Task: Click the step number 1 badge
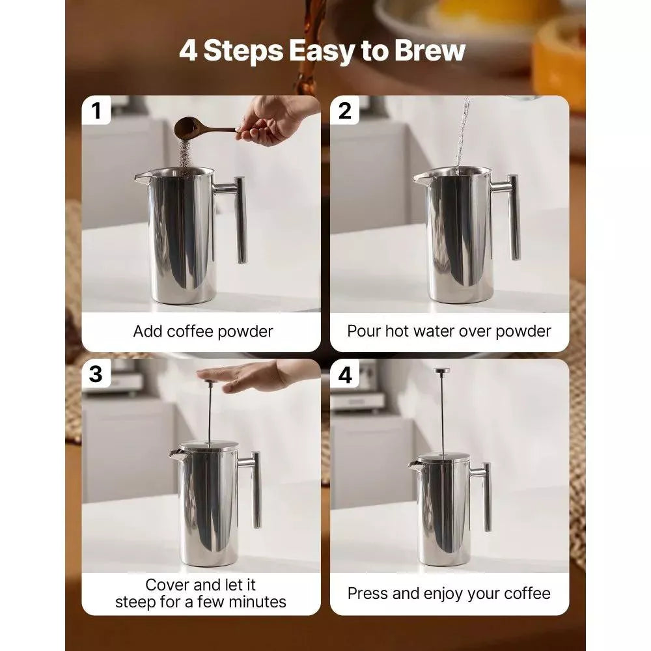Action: [97, 111]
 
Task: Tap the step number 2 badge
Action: [345, 111]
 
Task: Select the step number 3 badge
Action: [96, 374]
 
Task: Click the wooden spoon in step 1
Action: [195, 126]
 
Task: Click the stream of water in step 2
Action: [463, 133]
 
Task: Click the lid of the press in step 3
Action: [208, 447]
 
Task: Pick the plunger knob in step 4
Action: [442, 371]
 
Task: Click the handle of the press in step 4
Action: [486, 495]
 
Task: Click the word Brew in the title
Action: [430, 51]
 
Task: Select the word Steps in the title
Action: [244, 51]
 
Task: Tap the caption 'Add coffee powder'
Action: [203, 331]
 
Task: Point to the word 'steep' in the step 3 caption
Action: [138, 602]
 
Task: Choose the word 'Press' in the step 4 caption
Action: [368, 593]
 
